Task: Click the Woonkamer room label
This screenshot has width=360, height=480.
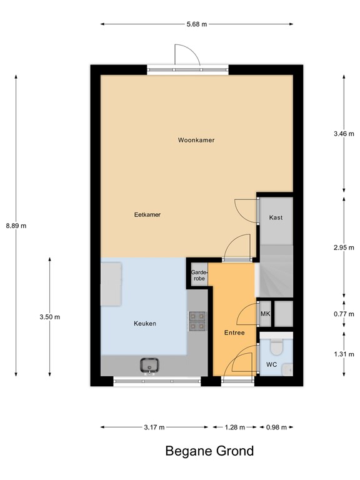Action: (196, 141)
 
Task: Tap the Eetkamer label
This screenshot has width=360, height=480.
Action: (147, 214)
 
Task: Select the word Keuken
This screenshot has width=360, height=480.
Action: (144, 324)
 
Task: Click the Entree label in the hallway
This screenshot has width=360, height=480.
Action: (234, 332)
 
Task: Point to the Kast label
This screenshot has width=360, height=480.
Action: (276, 217)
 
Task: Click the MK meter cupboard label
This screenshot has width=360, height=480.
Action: (265, 314)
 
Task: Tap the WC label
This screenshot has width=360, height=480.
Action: (271, 364)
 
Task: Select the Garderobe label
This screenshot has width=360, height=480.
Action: (198, 275)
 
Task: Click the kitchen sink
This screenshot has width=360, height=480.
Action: (150, 365)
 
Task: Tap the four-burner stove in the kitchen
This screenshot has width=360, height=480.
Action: (197, 321)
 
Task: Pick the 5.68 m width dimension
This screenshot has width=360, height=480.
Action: (196, 24)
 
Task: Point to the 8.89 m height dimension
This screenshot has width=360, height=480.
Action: (16, 226)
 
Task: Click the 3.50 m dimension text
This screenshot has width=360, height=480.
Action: (49, 317)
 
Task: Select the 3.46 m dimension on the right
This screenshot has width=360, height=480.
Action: (344, 134)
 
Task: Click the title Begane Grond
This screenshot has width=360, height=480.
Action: (209, 451)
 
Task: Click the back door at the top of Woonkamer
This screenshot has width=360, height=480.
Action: (186, 57)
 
